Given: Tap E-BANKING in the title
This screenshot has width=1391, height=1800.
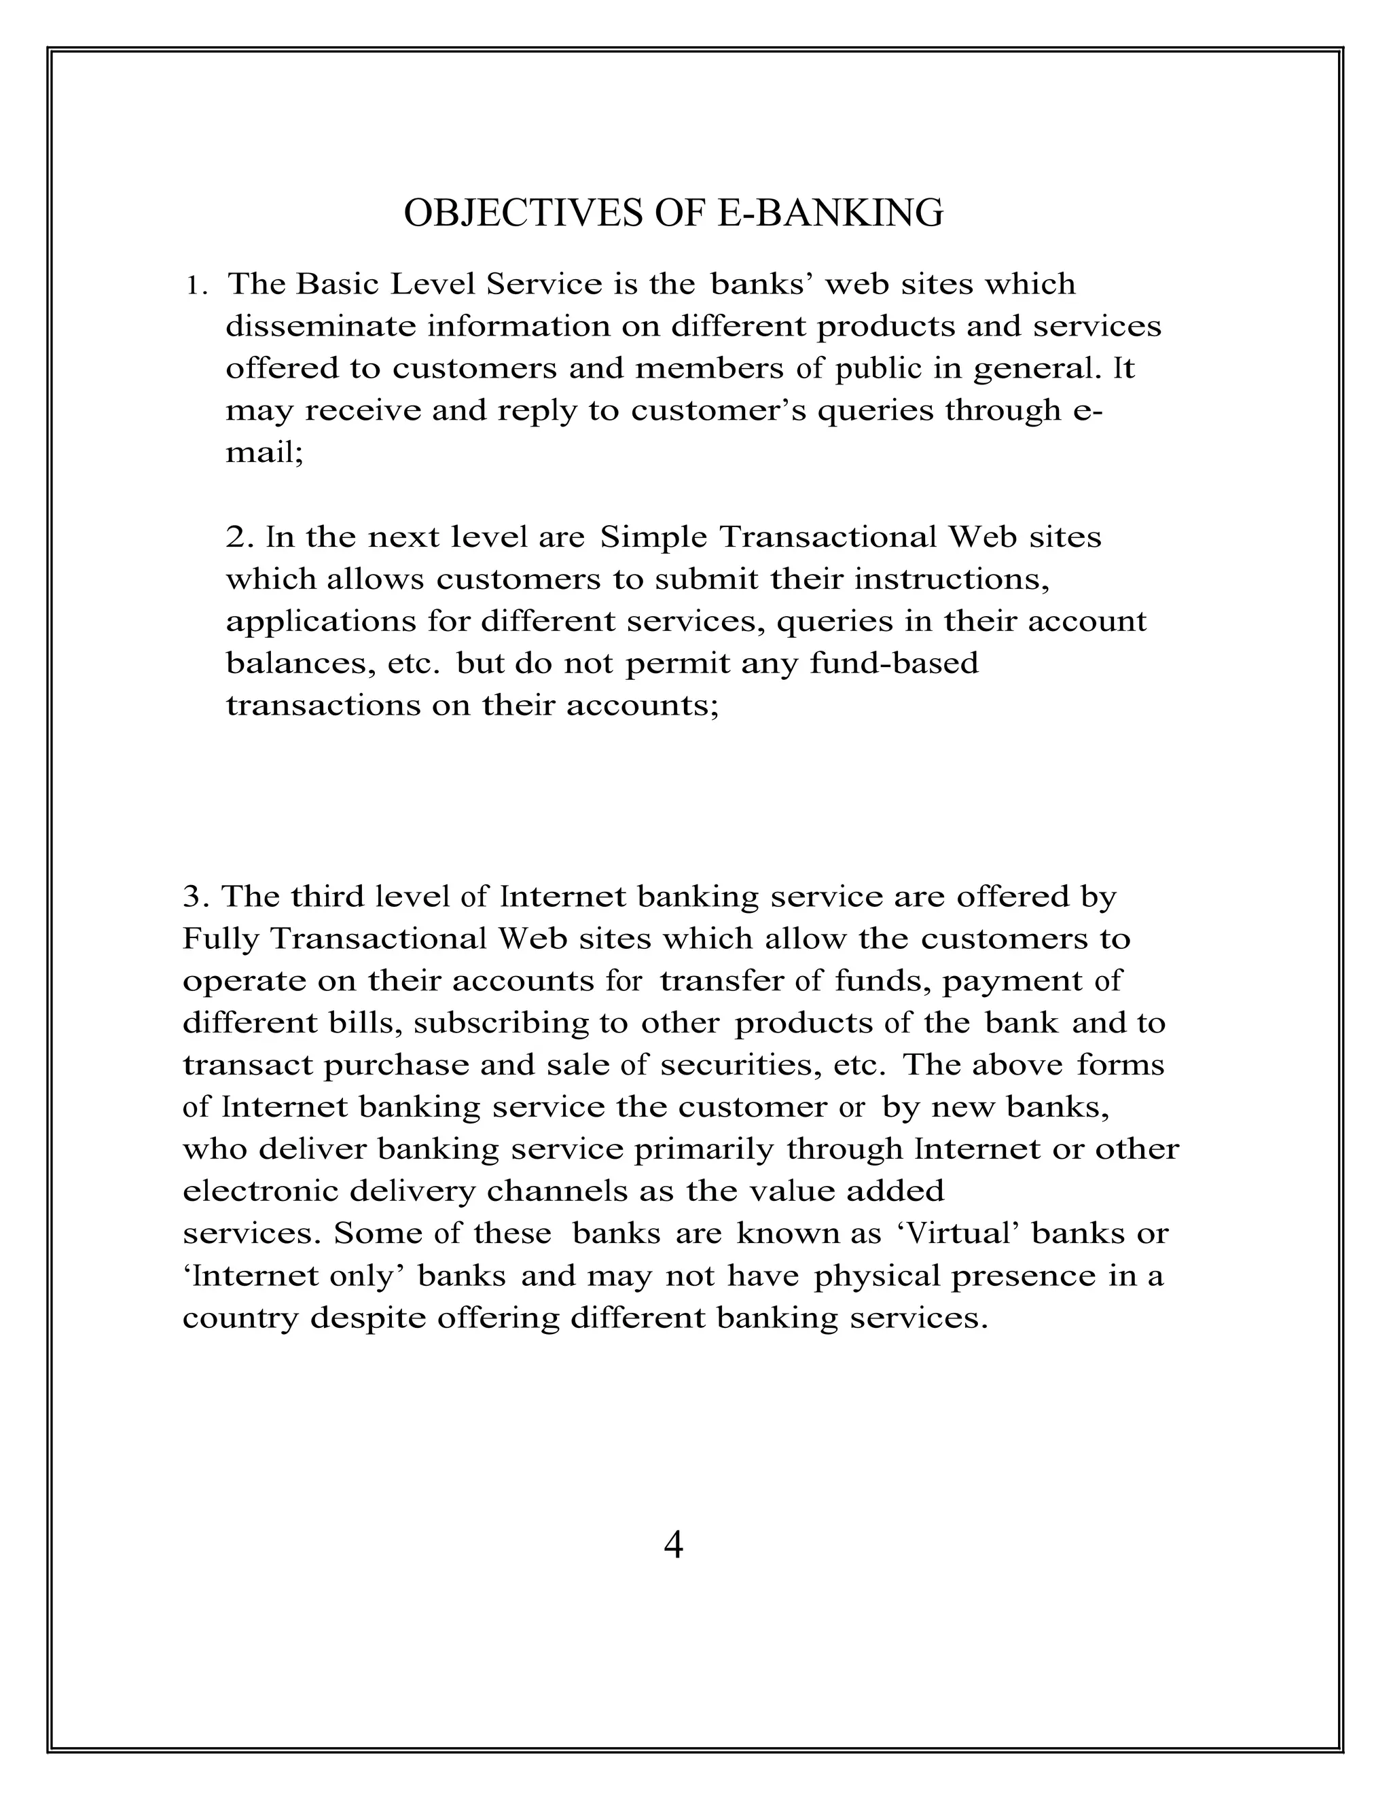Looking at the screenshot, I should click(831, 213).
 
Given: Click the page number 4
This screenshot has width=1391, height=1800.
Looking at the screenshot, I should click(672, 1545).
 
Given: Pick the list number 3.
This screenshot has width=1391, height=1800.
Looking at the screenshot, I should click(192, 897).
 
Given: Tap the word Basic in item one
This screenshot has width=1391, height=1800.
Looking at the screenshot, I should click(337, 285).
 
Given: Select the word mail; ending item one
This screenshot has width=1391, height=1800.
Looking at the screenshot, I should click(264, 453).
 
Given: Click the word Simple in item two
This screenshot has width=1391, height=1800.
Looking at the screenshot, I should click(653, 537).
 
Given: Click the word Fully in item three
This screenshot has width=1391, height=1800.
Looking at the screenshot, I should click(220, 939).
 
